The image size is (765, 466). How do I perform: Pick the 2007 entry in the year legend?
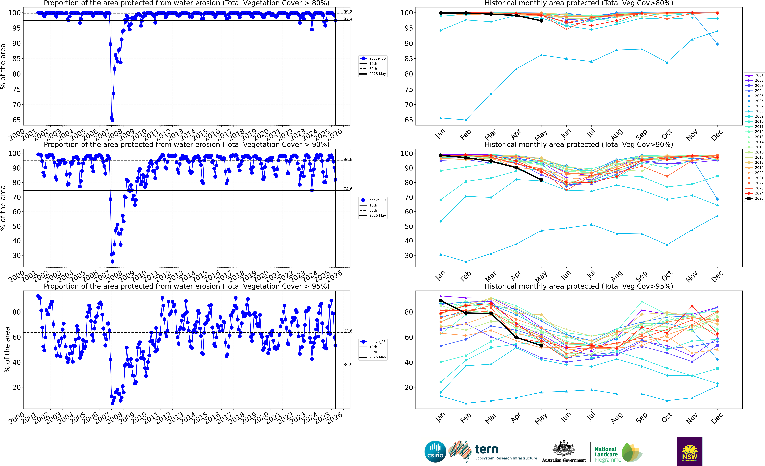point(759,106)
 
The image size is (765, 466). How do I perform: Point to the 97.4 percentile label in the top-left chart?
point(348,19)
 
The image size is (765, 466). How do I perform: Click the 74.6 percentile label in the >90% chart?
point(348,189)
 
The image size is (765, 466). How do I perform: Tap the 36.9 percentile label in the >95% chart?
point(348,365)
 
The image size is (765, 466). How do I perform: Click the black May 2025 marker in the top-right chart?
point(541,21)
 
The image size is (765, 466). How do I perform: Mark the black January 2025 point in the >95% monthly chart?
point(441,300)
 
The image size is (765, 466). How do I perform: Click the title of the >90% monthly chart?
point(579,144)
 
